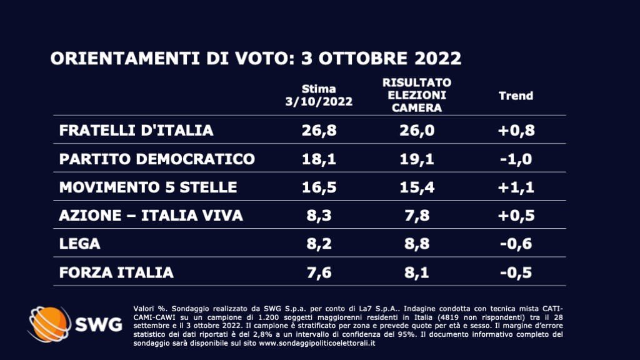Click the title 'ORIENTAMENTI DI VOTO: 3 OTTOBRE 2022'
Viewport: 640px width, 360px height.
coord(256,59)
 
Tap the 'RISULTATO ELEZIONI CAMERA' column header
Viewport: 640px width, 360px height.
coord(417,95)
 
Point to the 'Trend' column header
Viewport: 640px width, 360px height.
coord(516,96)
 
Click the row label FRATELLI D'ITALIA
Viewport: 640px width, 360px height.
coord(136,130)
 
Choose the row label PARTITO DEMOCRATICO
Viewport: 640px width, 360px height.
coord(157,159)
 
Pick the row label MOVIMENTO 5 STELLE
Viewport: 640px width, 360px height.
coord(148,187)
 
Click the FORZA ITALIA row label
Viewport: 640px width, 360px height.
coord(116,272)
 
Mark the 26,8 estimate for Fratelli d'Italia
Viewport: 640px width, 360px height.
coord(319,130)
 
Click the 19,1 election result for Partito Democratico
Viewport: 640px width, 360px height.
coord(417,159)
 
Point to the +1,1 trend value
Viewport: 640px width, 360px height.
coord(516,187)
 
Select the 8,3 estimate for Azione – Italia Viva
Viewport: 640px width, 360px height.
coord(319,216)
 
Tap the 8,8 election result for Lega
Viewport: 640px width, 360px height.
coord(417,244)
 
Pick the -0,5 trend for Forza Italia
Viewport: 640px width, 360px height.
coord(516,272)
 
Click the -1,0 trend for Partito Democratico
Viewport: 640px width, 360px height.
coord(516,159)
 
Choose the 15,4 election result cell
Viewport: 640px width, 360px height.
coord(417,187)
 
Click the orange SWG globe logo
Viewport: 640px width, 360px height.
coord(49,324)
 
